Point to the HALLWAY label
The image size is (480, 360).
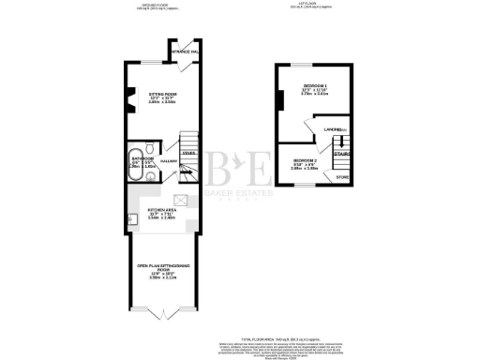[170, 162]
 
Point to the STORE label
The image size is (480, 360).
[343, 176]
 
